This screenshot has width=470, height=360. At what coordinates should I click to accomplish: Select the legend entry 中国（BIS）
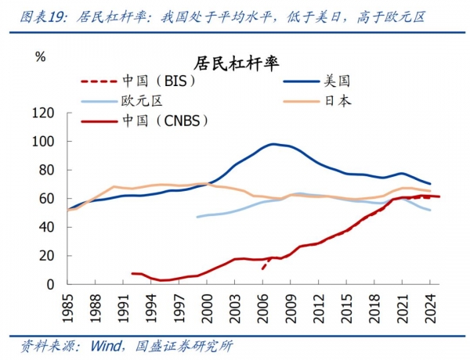point(157,81)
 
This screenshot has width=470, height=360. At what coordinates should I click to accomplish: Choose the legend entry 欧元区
point(140,101)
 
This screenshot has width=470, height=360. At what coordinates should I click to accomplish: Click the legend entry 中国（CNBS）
point(164,121)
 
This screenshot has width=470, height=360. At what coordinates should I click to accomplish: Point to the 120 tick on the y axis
point(44,113)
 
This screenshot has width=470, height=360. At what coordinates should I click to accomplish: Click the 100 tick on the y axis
point(44,142)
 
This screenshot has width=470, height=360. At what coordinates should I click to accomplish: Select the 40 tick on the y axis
point(48,227)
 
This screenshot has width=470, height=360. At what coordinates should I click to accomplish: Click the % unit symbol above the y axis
point(41,56)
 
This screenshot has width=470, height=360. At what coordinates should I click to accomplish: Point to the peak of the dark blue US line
point(273,144)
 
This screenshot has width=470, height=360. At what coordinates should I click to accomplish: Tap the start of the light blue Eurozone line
point(197,217)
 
